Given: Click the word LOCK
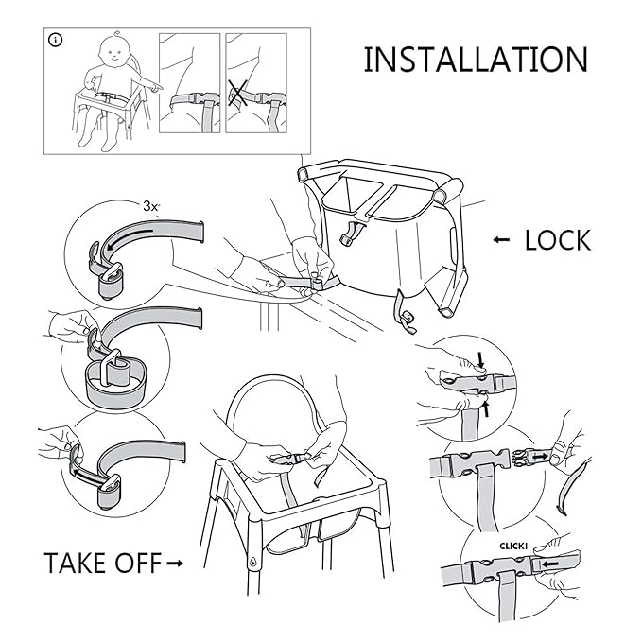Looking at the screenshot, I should [x=557, y=240].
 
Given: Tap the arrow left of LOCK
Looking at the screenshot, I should [x=501, y=240].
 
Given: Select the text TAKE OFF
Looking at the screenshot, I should [x=101, y=563].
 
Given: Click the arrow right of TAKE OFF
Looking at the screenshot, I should [x=174, y=564].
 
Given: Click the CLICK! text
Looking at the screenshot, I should [x=511, y=546].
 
